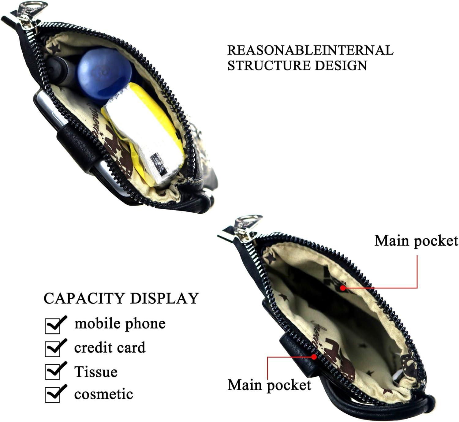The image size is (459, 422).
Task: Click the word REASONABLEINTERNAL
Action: [310, 50]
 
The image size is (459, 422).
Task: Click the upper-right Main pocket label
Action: [416, 241]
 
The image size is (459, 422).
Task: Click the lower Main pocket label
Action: [269, 385]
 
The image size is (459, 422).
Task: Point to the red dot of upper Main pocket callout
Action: [343, 288]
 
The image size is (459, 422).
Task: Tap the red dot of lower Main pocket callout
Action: [314, 357]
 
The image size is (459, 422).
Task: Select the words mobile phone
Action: [120, 324]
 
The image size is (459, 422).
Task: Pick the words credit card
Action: [110, 348]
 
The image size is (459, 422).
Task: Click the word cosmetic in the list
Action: [103, 394]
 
